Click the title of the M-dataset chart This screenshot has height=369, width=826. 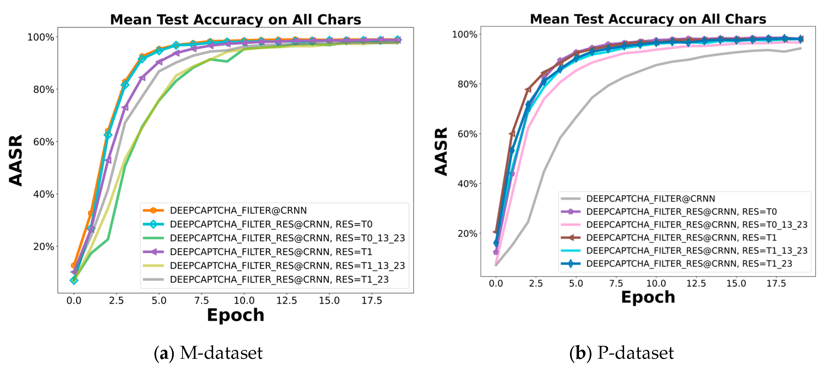click(x=235, y=20)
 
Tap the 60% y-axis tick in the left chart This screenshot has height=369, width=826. click(x=44, y=142)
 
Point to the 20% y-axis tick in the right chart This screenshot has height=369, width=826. click(x=467, y=233)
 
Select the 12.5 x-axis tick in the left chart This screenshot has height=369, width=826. click(x=286, y=300)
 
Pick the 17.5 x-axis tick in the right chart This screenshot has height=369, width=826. click(x=776, y=283)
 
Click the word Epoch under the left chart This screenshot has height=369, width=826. click(x=235, y=315)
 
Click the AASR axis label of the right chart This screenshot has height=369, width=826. click(x=441, y=151)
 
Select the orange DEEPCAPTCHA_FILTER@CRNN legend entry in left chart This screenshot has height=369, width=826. click(x=238, y=210)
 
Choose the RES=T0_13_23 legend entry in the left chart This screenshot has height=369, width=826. click(x=287, y=238)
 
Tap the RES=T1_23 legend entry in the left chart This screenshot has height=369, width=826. click(x=279, y=279)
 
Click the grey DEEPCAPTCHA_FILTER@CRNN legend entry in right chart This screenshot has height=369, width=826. click(x=650, y=199)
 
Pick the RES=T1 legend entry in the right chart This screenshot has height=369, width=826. click(x=681, y=237)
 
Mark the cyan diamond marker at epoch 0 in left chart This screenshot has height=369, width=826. click(x=74, y=280)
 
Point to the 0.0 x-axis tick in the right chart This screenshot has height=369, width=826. click(x=496, y=283)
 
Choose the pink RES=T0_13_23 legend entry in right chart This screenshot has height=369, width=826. click(x=697, y=225)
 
